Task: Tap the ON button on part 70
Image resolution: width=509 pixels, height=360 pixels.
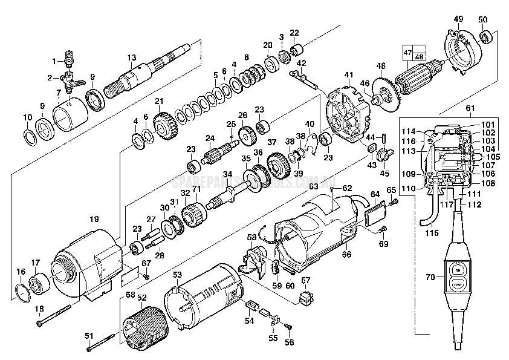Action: (458, 270)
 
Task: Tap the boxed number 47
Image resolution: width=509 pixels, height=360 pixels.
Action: (406, 53)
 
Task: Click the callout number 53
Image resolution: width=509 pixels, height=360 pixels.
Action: (177, 275)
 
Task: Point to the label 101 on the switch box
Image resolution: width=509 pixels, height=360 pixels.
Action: (488, 125)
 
